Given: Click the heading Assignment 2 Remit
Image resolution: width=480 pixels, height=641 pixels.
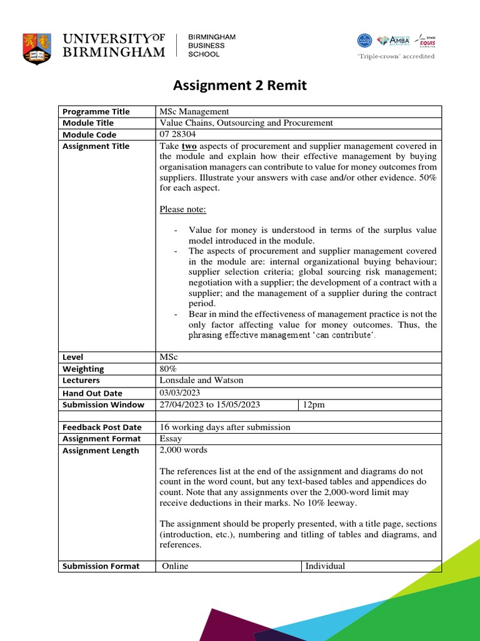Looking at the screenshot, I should [x=240, y=86].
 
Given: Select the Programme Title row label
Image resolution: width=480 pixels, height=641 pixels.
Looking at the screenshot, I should [x=96, y=111].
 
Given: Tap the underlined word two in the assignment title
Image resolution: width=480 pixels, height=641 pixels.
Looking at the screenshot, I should [x=189, y=146].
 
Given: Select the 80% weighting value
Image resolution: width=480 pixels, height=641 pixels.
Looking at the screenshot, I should [x=169, y=369].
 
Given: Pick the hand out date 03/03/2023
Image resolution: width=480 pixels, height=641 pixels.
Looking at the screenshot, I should [x=181, y=392].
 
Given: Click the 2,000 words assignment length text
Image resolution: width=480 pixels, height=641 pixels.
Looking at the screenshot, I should [x=184, y=450].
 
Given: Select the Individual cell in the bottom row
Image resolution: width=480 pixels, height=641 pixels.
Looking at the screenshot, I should [x=324, y=566].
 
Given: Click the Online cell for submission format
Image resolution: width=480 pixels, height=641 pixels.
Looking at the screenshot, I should [x=175, y=566].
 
